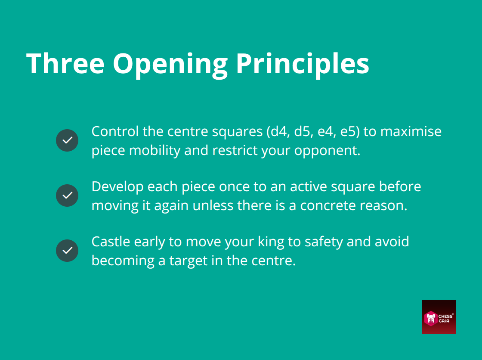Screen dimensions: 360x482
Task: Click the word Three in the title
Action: coord(65,64)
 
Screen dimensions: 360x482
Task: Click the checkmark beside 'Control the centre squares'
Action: coord(67,140)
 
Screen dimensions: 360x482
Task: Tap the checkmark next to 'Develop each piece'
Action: coord(67,196)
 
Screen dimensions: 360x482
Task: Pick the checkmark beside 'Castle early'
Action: coord(67,251)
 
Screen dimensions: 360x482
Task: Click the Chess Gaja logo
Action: coord(439,317)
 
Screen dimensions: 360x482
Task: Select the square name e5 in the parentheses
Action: coord(348,131)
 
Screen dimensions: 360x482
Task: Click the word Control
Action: coord(115,131)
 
